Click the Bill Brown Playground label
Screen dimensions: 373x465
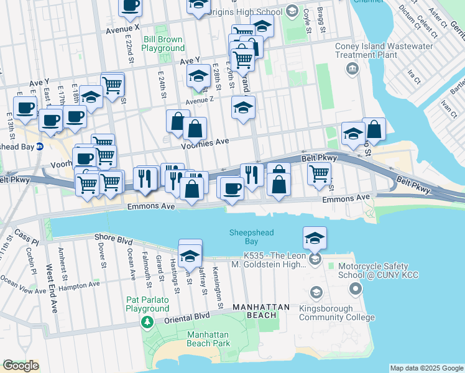(x=163, y=44)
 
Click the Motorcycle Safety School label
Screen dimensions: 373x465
(x=378, y=270)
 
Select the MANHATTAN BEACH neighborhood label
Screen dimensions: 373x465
(x=261, y=307)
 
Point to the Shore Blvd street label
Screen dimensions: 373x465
(x=114, y=237)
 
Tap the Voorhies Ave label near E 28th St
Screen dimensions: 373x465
(x=205, y=142)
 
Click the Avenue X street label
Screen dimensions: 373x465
(x=122, y=29)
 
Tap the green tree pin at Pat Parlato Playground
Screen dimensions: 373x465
(x=147, y=322)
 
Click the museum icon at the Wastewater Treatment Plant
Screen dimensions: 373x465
(x=352, y=68)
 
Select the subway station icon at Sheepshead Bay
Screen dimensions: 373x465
(x=39, y=147)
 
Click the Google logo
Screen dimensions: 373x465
(x=21, y=366)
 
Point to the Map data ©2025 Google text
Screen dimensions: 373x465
(x=426, y=368)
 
